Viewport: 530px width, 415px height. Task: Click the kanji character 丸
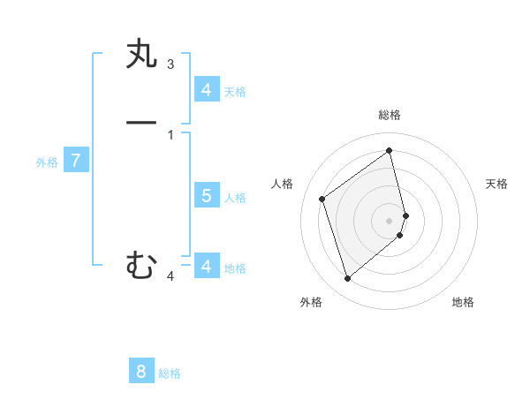(x=141, y=55)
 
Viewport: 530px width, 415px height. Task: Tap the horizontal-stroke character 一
(x=141, y=122)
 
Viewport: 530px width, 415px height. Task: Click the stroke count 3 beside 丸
(x=170, y=64)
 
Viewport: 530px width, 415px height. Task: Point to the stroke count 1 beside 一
(x=170, y=134)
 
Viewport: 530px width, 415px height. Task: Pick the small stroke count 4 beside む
(x=170, y=276)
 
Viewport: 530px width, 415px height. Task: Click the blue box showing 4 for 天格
(x=207, y=90)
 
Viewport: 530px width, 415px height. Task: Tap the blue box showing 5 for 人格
(x=207, y=196)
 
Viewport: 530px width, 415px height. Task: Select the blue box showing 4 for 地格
(x=207, y=266)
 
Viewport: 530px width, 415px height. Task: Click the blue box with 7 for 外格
(x=76, y=161)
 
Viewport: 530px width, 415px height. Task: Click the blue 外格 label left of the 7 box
(x=47, y=162)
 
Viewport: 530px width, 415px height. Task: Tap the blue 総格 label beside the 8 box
(x=170, y=373)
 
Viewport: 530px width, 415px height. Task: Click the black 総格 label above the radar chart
(x=390, y=115)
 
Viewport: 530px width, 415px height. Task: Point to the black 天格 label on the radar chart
(x=497, y=184)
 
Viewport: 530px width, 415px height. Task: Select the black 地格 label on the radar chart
(x=463, y=302)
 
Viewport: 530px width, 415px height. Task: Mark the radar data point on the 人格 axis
(x=322, y=199)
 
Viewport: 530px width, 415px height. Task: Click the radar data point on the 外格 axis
(x=347, y=279)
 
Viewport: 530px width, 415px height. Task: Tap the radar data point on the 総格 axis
(x=390, y=150)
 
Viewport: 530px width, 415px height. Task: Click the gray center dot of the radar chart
(x=390, y=220)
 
